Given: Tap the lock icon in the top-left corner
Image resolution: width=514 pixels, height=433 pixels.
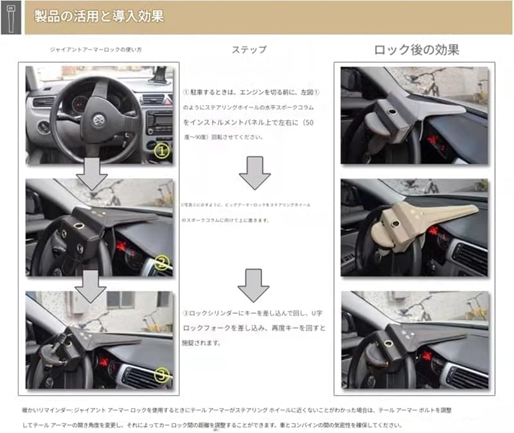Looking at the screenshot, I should [11, 17].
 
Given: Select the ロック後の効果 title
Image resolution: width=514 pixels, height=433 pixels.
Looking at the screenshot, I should [416, 49].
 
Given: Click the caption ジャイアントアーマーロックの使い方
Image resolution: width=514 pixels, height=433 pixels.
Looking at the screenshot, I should [96, 49].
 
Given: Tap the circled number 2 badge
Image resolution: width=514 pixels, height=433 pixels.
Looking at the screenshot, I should [161, 262].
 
